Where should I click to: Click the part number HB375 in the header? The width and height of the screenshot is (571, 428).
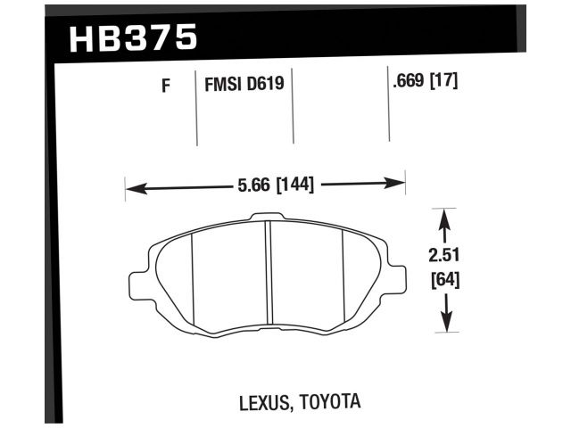(132, 37)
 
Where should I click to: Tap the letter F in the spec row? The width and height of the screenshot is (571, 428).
(165, 86)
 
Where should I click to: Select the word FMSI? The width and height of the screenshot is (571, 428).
(225, 86)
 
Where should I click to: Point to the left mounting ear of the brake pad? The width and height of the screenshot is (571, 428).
(139, 281)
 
